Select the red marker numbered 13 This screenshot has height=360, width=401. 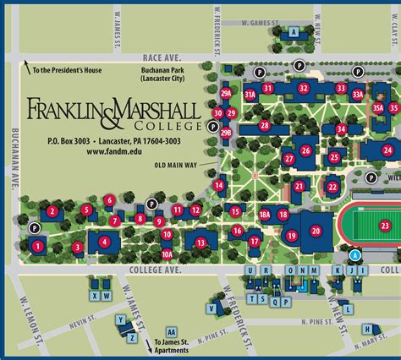click(200, 243)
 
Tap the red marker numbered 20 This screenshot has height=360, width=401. click(316, 230)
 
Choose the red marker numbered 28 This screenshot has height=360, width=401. click(265, 125)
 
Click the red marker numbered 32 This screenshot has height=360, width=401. click(304, 87)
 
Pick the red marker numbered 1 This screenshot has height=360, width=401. click(38, 246)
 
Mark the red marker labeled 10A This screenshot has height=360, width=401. click(167, 253)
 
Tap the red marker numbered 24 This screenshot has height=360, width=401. click(387, 150)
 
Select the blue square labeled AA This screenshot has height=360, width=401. click(172, 331)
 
